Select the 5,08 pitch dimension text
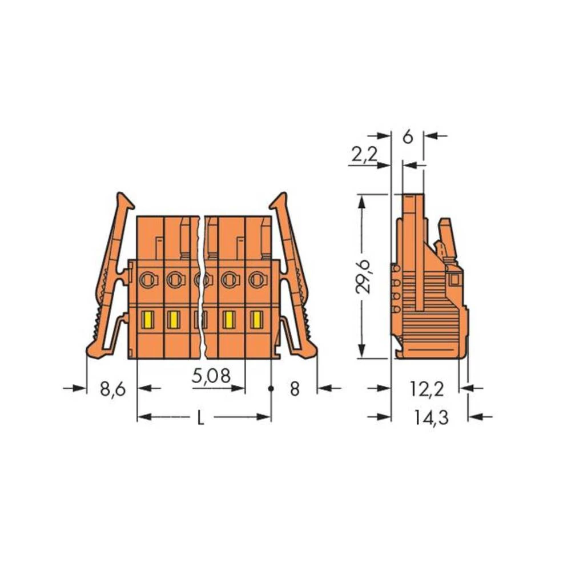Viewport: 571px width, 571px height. (211, 376)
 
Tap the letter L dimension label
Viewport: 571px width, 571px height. (200, 419)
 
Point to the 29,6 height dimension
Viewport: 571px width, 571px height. (363, 276)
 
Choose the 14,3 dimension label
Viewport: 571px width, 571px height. (431, 418)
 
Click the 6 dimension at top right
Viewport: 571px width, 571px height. (407, 137)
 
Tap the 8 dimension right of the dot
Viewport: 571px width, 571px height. (294, 389)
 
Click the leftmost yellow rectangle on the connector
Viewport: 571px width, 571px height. (147, 320)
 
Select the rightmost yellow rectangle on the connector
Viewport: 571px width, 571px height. (256, 320)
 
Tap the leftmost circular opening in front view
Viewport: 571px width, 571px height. (147, 279)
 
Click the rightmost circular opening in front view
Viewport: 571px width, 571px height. (257, 280)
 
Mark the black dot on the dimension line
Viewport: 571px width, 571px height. (271, 389)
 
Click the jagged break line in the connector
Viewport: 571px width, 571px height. (202, 285)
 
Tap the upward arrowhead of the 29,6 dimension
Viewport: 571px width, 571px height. (361, 200)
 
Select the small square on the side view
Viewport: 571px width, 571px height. (455, 279)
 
